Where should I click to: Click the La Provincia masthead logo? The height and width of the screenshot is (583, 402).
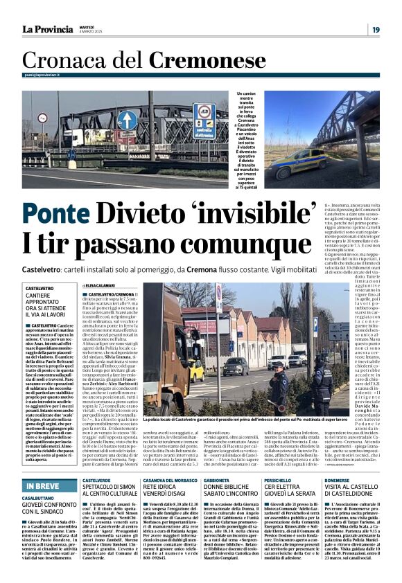(47, 29)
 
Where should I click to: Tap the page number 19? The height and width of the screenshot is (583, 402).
(375, 30)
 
